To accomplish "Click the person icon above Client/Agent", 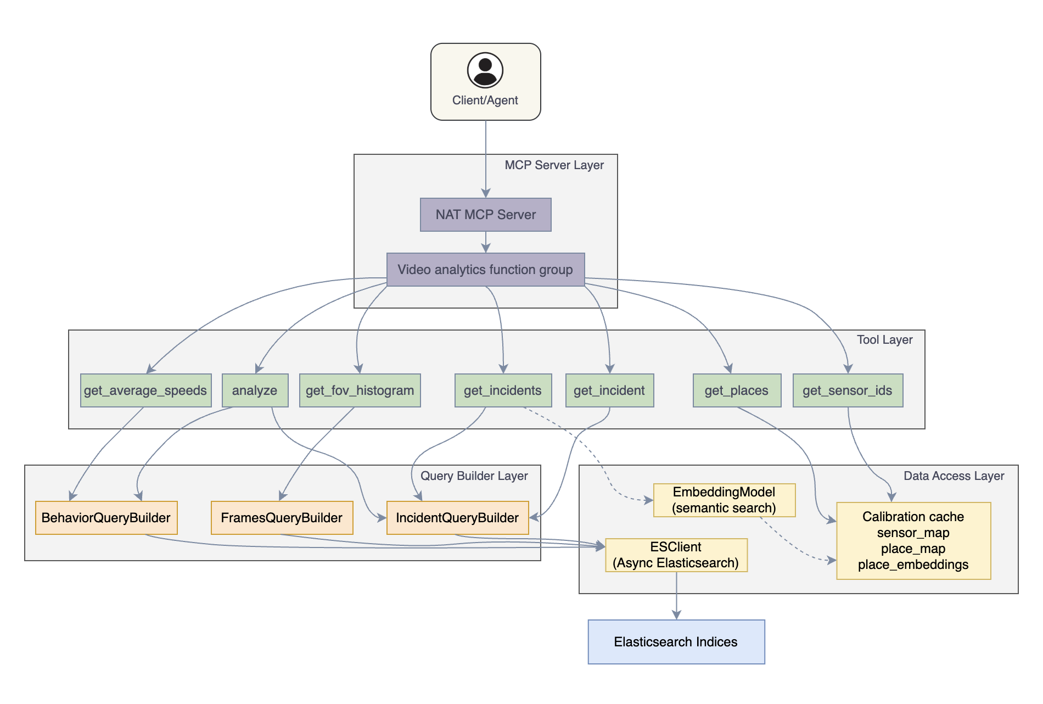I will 485,70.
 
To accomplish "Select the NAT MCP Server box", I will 485,215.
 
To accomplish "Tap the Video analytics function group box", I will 485,270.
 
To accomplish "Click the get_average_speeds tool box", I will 145,390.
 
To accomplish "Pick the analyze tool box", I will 255,390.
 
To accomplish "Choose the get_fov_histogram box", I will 360,390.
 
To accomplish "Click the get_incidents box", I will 503,390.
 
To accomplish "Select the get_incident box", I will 609,390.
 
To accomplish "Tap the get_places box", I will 737,390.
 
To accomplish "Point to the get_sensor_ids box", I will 848,390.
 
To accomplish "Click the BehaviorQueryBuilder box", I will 106,518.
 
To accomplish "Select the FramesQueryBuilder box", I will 282,518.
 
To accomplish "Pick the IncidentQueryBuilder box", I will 457,518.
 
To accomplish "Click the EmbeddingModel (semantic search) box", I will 724,500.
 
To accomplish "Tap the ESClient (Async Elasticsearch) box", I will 676,555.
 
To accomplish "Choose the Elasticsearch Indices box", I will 676,642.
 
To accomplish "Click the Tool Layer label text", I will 884,340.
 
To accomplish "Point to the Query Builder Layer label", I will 474,476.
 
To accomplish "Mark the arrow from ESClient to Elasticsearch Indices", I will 676,596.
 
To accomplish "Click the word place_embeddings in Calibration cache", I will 913,565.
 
